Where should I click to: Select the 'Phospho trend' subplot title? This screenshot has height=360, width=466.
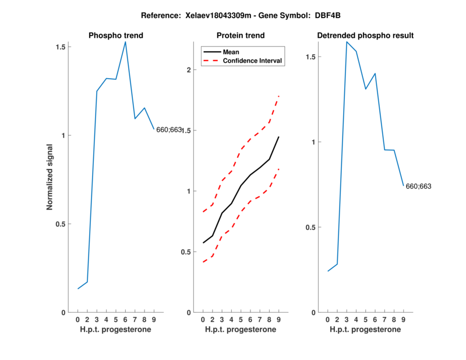tap(115, 36)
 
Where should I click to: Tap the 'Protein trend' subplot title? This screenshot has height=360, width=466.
tap(241, 36)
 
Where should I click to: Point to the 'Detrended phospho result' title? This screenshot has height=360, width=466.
tap(365, 36)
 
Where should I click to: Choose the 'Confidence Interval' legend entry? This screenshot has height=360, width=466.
tap(252, 61)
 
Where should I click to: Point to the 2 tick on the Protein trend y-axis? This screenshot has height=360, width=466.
tap(189, 70)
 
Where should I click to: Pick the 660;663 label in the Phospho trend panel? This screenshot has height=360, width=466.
tap(169, 129)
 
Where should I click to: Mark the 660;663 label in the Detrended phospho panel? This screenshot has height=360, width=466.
tap(419, 186)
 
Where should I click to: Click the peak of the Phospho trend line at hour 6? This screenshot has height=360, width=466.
tap(125, 42)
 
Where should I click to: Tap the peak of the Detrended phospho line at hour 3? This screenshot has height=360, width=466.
tap(347, 41)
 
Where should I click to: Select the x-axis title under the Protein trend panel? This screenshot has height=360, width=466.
tap(241, 330)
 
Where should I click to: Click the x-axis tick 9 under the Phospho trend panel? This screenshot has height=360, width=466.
tap(154, 320)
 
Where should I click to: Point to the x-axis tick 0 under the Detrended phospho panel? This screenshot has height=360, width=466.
tap(328, 320)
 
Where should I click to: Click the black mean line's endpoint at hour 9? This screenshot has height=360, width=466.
tap(279, 137)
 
